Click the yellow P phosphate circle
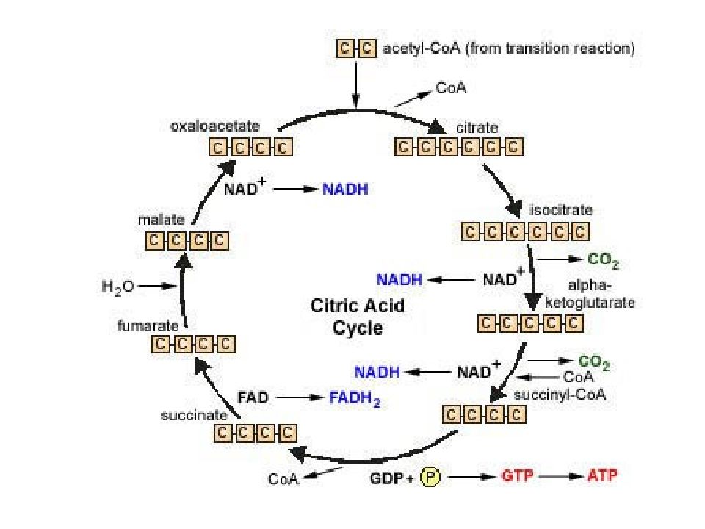pyautogui.click(x=430, y=477)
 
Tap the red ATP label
pyautogui.click(x=602, y=475)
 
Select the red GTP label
pyautogui.click(x=517, y=475)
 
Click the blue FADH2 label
pyautogui.click(x=355, y=398)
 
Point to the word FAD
pyautogui.click(x=253, y=397)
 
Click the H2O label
pyautogui.click(x=118, y=287)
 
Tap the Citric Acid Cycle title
pyautogui.click(x=358, y=317)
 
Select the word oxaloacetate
pyautogui.click(x=215, y=126)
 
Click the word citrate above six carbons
pyautogui.click(x=477, y=128)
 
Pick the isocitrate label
pyautogui.click(x=561, y=210)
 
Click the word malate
pyautogui.click(x=161, y=220)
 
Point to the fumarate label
pyautogui.click(x=148, y=325)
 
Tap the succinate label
pyautogui.click(x=194, y=414)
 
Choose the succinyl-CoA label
pyautogui.click(x=560, y=395)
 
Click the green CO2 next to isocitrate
pyautogui.click(x=604, y=260)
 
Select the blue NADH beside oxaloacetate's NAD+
pyautogui.click(x=345, y=190)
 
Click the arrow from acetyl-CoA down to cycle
pyautogui.click(x=355, y=84)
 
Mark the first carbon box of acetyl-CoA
pyautogui.click(x=345, y=48)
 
